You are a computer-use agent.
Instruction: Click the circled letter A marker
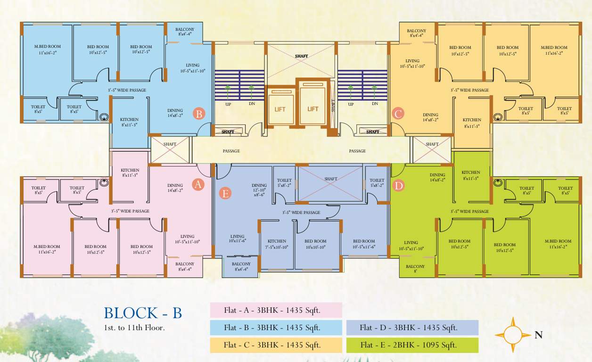[x=198, y=185]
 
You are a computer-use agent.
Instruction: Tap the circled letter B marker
[x=199, y=114]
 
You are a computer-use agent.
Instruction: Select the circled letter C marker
[x=398, y=114]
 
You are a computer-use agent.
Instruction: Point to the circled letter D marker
[x=399, y=186]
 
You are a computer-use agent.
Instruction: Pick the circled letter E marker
[x=226, y=193]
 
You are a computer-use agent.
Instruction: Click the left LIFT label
[x=280, y=109]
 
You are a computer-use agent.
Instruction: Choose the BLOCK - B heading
[x=142, y=313]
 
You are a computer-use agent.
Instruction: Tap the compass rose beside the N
[x=513, y=335]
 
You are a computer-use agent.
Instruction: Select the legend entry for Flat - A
[x=276, y=310]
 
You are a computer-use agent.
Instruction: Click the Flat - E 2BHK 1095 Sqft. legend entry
[x=412, y=345]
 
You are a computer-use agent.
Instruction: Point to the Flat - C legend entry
[x=276, y=345]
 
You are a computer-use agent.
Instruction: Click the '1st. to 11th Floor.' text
[x=134, y=327]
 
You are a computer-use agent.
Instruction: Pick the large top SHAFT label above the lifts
[x=302, y=56]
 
